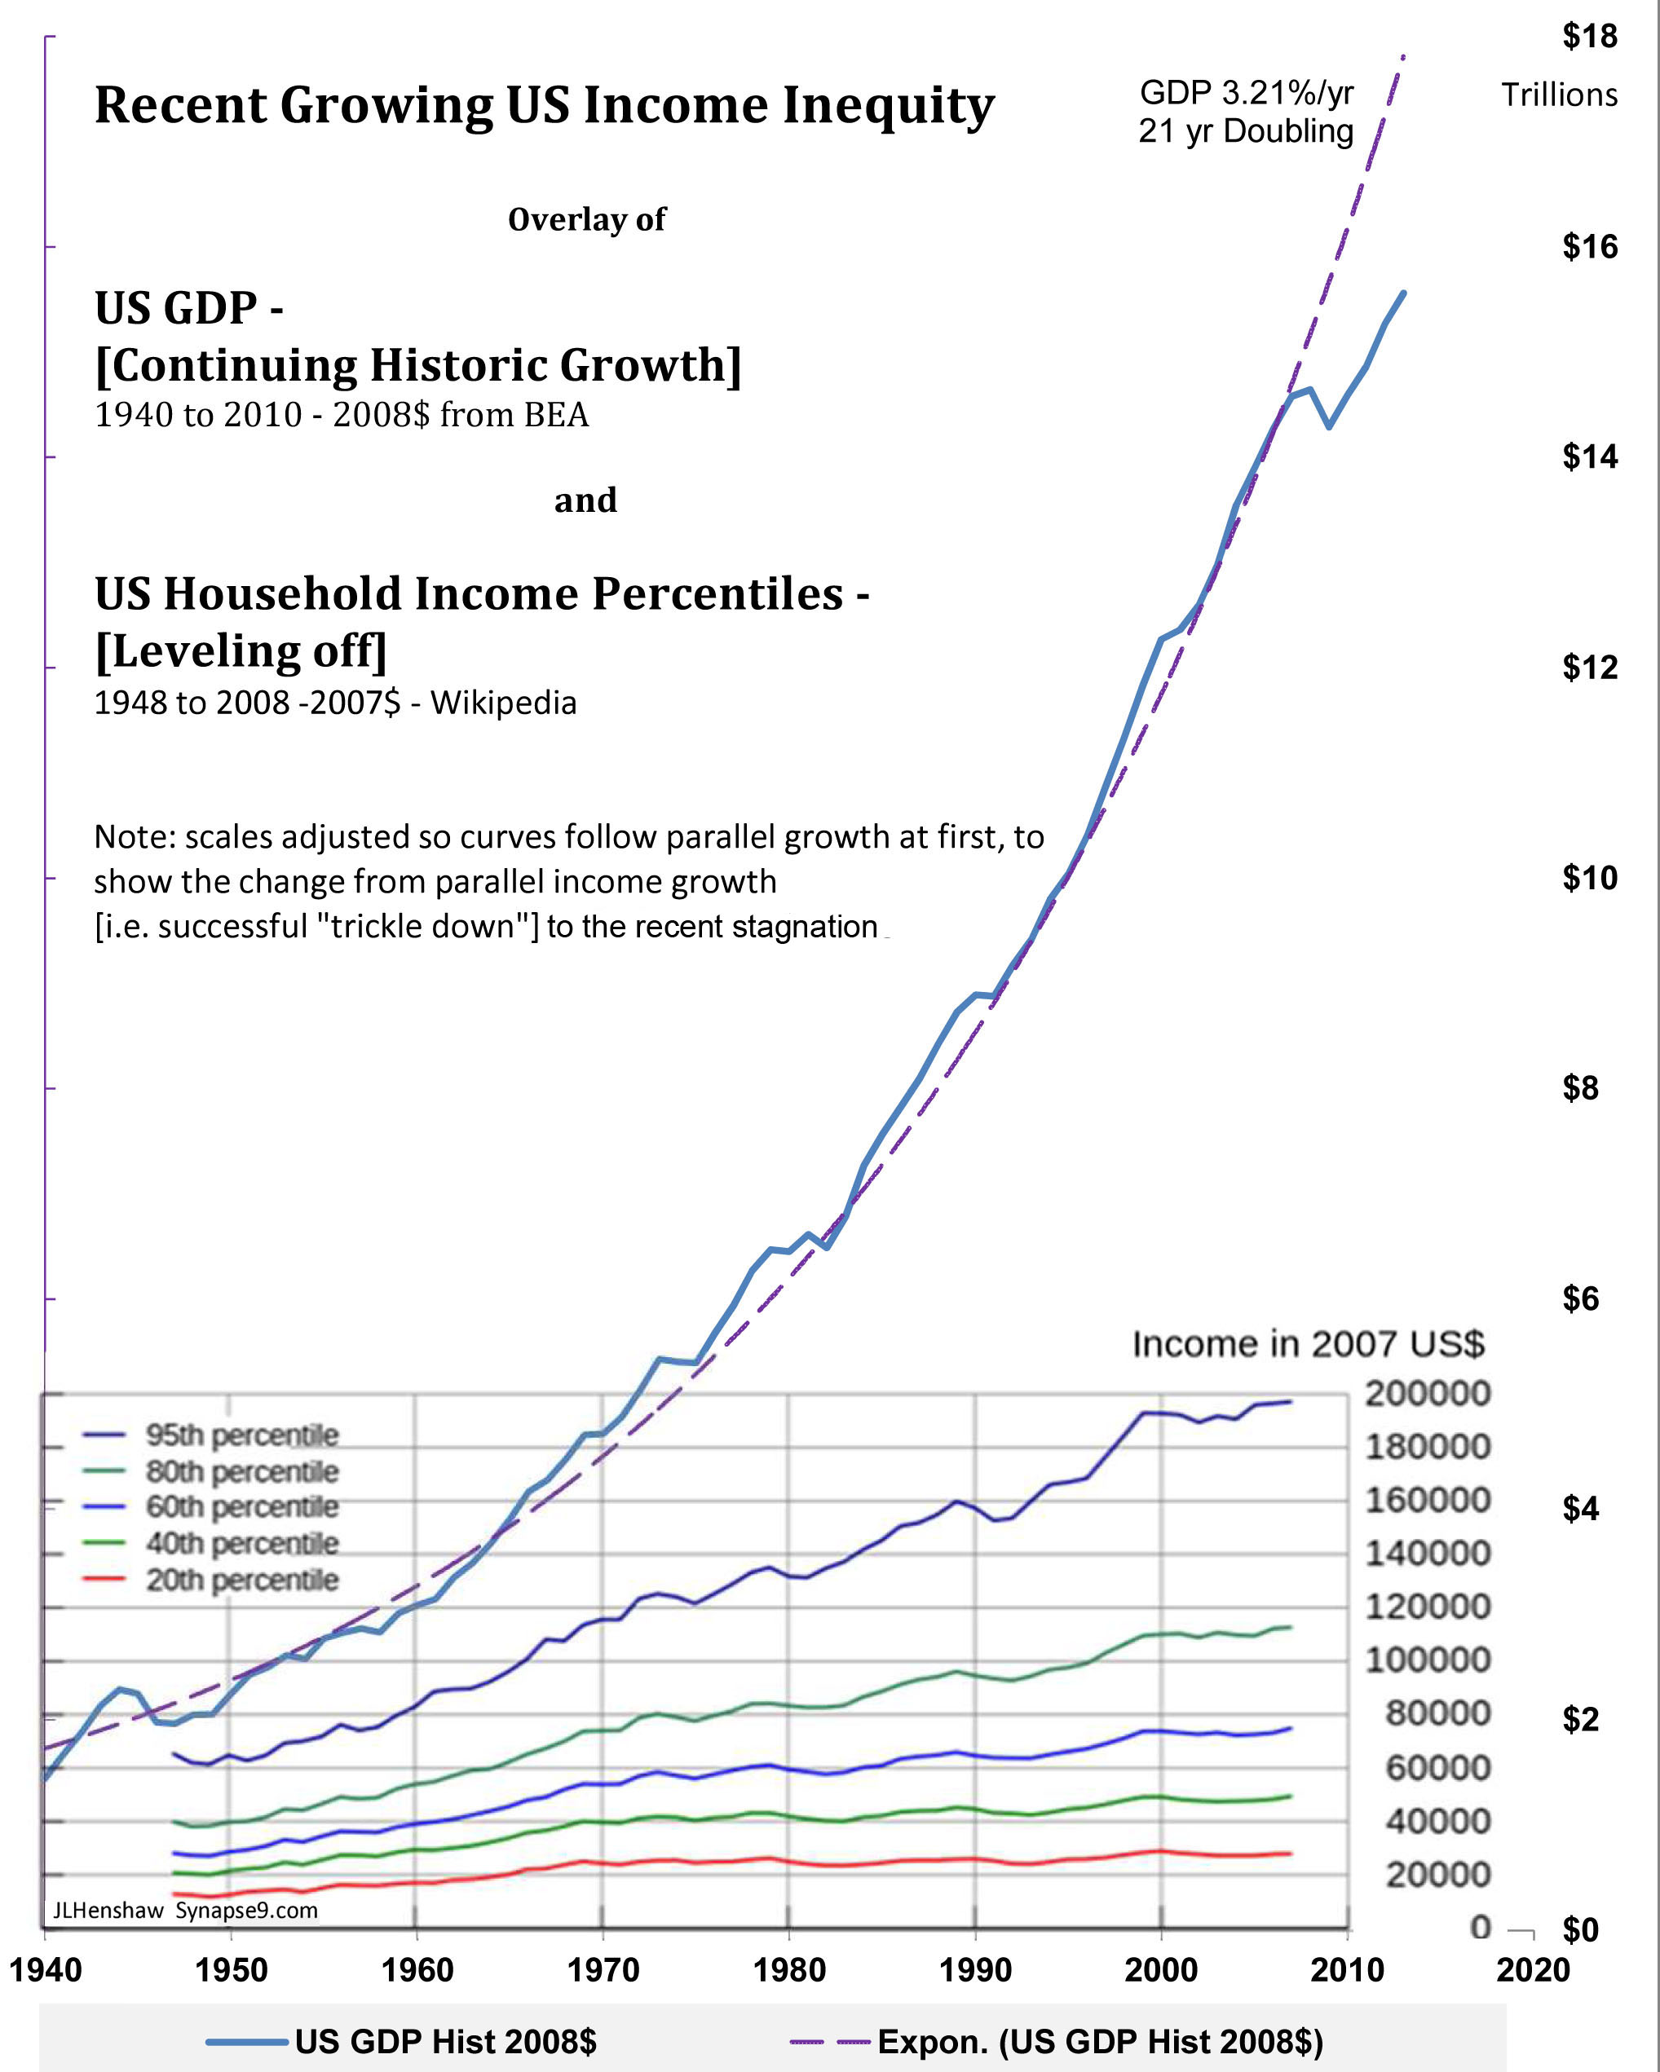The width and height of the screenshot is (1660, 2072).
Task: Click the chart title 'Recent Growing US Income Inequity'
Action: (x=544, y=106)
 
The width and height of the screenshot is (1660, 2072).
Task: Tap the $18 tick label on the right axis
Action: (x=1590, y=37)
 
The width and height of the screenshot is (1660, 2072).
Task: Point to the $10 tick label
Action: (x=1590, y=877)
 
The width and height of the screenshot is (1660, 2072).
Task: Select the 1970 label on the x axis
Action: (x=603, y=1970)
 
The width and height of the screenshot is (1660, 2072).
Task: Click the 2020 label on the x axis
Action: (x=1532, y=1970)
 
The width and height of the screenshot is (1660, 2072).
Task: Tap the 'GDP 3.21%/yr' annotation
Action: (x=1246, y=93)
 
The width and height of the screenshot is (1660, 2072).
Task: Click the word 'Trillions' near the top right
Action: (x=1559, y=95)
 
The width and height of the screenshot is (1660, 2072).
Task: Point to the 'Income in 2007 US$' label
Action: (x=1309, y=1343)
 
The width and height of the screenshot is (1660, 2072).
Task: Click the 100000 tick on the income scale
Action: (x=1428, y=1660)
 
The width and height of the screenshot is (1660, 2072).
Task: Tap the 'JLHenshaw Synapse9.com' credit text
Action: (x=184, y=1911)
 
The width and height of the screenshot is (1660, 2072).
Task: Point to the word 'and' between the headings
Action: (x=585, y=500)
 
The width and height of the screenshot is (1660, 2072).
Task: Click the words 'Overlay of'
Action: (x=586, y=220)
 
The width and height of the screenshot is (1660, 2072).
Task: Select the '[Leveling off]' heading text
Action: (x=241, y=651)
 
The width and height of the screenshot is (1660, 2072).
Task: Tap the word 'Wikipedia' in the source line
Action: (x=503, y=703)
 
